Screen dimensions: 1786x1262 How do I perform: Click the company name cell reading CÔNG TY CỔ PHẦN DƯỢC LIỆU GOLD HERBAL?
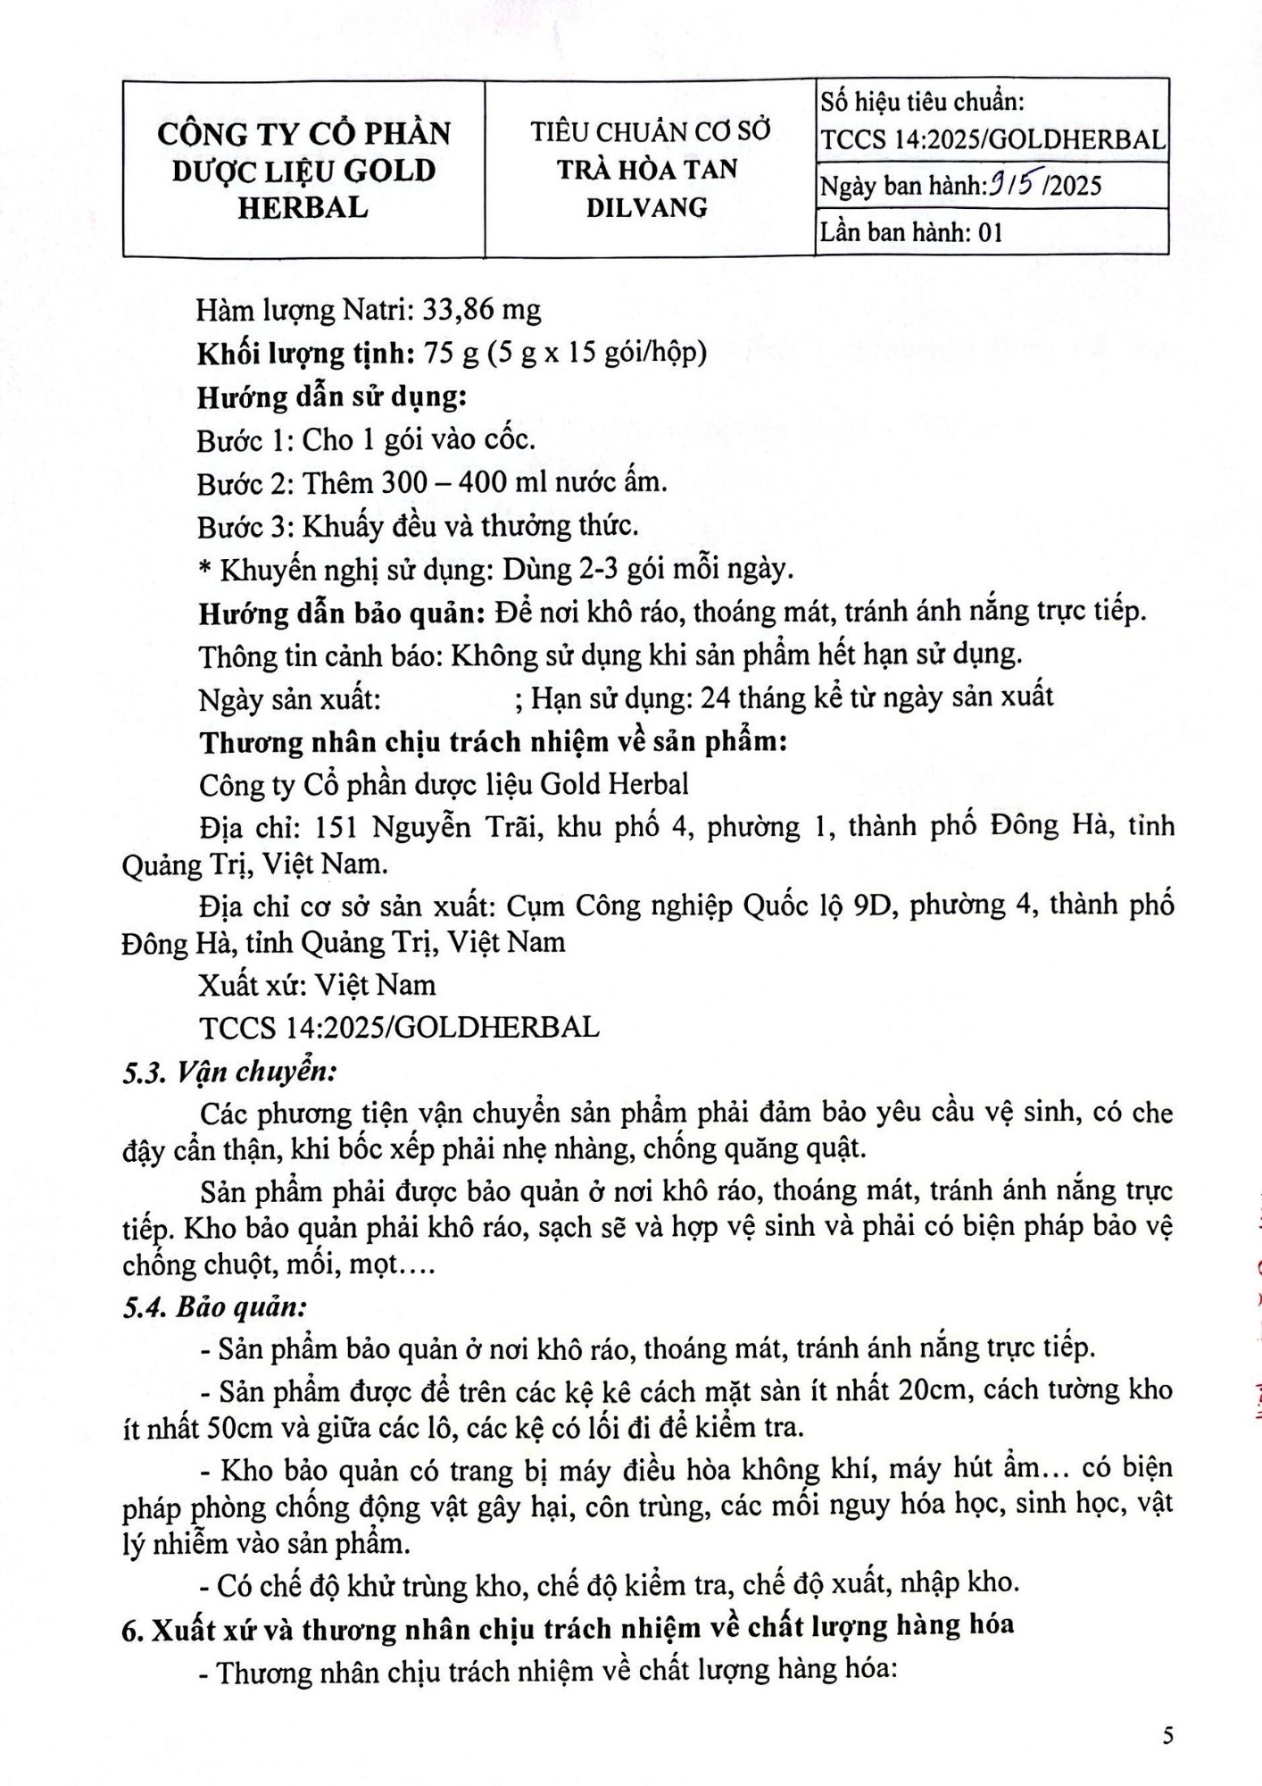[x=303, y=170]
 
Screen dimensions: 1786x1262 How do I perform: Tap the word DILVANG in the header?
[x=647, y=207]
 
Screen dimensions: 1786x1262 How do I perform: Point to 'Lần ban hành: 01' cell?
[x=911, y=232]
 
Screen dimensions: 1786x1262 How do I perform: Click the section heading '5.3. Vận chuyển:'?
[x=228, y=1071]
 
